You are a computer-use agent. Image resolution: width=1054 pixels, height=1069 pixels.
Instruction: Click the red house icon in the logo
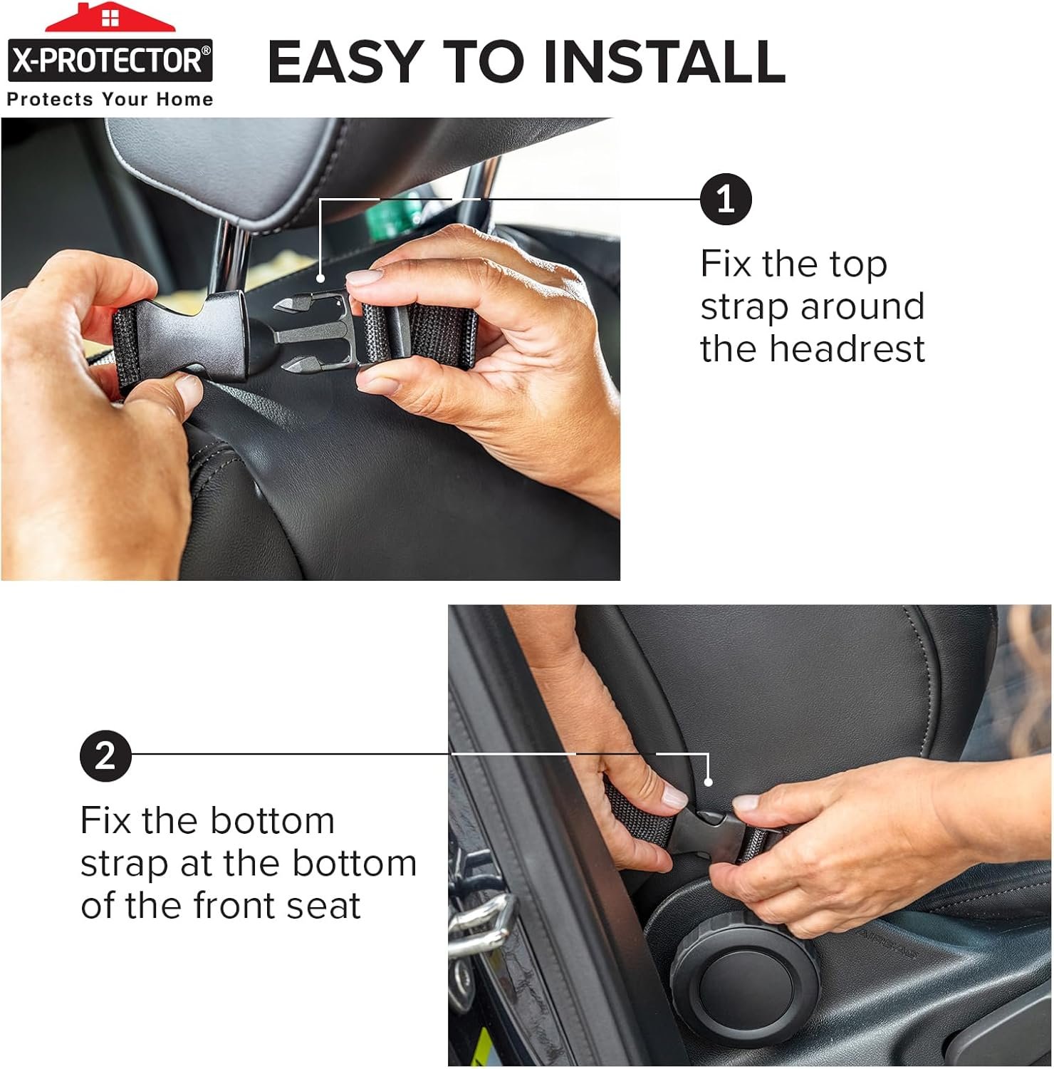[110, 17]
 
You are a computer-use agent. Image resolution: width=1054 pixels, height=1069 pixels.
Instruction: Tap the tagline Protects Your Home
[110, 99]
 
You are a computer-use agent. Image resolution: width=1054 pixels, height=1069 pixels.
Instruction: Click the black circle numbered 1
[726, 199]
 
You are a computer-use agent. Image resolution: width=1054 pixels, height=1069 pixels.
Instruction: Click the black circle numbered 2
[105, 755]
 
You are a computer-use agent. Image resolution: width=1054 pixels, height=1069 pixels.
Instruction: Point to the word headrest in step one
[813, 349]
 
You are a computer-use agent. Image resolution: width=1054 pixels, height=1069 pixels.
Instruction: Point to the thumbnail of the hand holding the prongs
[365, 279]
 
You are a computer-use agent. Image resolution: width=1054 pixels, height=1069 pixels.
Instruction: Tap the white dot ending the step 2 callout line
[709, 782]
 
